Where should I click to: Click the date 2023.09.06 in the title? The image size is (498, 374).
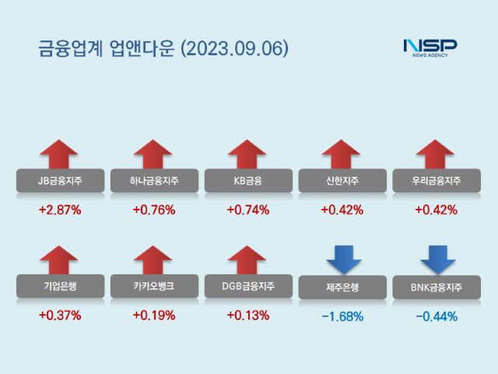tap(234, 48)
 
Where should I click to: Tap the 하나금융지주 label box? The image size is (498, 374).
tap(154, 182)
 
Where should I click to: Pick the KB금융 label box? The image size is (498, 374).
tap(247, 182)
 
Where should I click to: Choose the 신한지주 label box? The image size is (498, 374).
tap(342, 182)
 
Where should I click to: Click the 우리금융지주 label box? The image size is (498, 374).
tap(436, 182)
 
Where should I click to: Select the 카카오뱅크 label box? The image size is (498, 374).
tap(154, 286)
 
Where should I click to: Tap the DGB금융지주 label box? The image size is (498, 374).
tap(247, 286)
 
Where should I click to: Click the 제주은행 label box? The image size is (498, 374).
tap(342, 287)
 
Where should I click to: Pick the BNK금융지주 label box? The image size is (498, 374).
tap(436, 287)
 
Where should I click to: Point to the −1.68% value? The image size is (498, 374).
tap(342, 316)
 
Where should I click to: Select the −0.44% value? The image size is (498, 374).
tap(436, 316)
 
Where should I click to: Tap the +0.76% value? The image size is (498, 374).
tap(154, 210)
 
